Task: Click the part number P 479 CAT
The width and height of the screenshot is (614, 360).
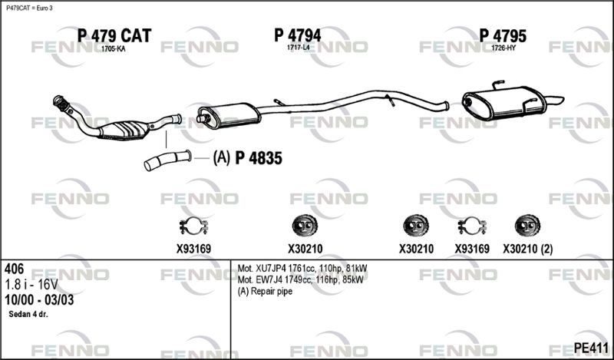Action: pyautogui.click(x=114, y=35)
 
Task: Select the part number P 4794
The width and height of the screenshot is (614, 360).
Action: pyautogui.click(x=298, y=35)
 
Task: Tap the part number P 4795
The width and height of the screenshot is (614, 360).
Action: pyautogui.click(x=503, y=36)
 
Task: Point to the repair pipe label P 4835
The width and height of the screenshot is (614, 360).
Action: pyautogui.click(x=259, y=158)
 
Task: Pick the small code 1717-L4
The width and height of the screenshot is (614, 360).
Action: pyautogui.click(x=298, y=48)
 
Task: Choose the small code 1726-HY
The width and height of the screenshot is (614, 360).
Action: pyautogui.click(x=503, y=48)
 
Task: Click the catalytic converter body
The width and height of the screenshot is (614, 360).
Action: pyautogui.click(x=124, y=130)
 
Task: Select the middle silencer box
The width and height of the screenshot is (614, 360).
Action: pyautogui.click(x=229, y=116)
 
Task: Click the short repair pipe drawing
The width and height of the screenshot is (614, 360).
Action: pyautogui.click(x=167, y=160)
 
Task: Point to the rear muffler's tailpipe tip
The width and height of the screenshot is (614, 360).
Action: pyautogui.click(x=563, y=99)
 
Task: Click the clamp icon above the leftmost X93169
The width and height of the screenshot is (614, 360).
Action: pyautogui.click(x=193, y=226)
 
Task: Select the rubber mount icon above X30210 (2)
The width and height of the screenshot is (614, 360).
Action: pyautogui.click(x=527, y=226)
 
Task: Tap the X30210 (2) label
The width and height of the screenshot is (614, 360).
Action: pyautogui.click(x=527, y=249)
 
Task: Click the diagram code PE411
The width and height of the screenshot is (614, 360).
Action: pyautogui.click(x=591, y=348)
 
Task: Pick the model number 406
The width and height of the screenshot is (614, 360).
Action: pyautogui.click(x=14, y=269)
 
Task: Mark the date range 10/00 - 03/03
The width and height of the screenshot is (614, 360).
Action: pyautogui.click(x=39, y=300)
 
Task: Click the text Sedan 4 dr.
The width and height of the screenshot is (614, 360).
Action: pyautogui.click(x=28, y=314)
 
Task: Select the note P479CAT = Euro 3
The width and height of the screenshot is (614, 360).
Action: pyautogui.click(x=29, y=8)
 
